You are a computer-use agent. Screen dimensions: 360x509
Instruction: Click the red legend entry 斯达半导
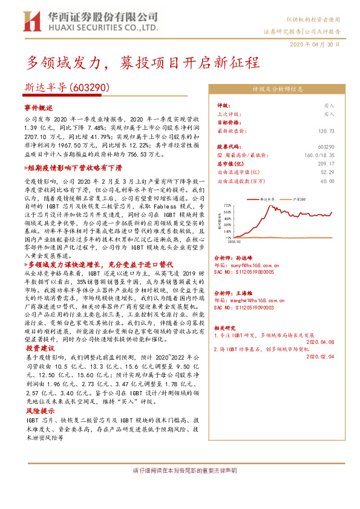pos(264,198)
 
